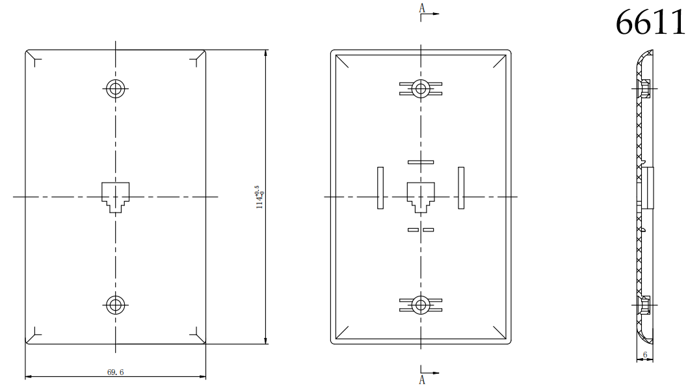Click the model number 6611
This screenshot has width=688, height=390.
(x=650, y=23)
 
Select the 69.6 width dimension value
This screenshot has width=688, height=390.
(x=116, y=372)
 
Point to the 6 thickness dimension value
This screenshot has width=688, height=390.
(x=644, y=355)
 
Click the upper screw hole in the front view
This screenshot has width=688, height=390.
(x=116, y=88)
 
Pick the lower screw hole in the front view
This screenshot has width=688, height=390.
(x=116, y=304)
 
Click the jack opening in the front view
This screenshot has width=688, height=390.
(x=116, y=196)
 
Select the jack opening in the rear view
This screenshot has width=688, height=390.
(x=421, y=196)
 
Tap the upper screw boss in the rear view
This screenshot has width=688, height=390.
(x=421, y=88)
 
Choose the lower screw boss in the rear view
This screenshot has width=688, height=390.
(x=421, y=304)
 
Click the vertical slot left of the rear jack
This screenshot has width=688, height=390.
(x=380, y=188)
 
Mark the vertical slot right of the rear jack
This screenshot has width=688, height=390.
(x=461, y=188)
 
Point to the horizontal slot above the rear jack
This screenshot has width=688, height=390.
(x=421, y=162)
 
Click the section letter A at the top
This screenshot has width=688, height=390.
(x=421, y=8)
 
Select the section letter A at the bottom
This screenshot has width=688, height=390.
(x=421, y=380)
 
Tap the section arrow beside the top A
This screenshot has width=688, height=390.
(x=432, y=13)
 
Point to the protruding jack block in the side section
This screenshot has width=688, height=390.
(x=650, y=187)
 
